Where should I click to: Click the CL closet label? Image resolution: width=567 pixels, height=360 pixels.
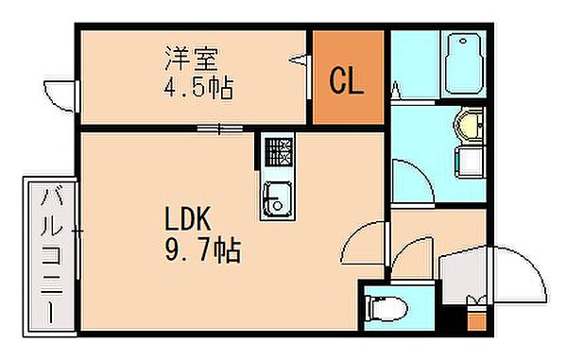coord(347,81)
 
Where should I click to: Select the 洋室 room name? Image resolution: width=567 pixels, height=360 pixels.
coord(193,59)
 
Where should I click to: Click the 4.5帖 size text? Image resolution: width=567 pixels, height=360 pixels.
coord(198,89)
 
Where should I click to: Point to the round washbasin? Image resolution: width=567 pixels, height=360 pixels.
coord(468,124)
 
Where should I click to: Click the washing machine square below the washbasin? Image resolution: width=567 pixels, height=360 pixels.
coord(470,162)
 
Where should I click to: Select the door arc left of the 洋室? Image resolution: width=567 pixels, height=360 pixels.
coord(59,95)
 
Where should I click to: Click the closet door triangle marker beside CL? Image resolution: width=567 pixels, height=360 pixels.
coord(304,60)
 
